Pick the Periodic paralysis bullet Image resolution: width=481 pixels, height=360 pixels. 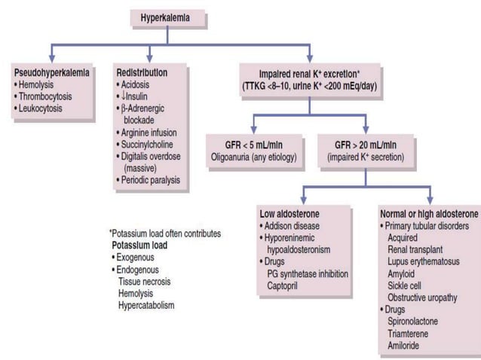152,180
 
